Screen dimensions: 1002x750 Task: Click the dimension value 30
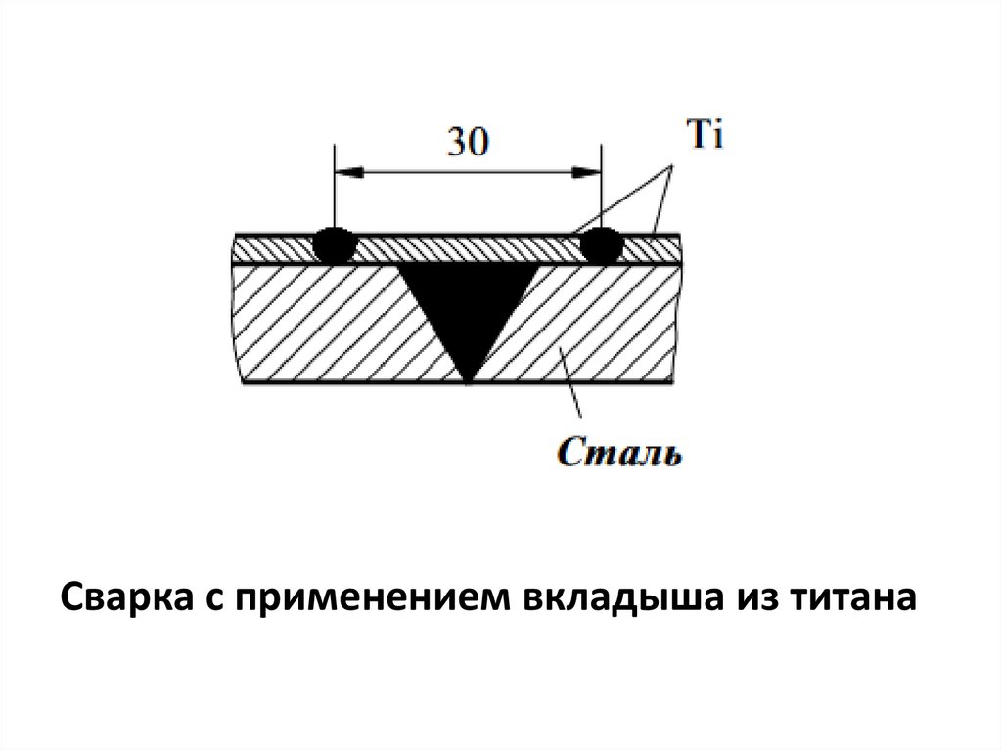(x=467, y=143)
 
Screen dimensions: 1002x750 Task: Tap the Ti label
(x=705, y=136)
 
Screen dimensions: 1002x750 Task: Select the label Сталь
(x=621, y=452)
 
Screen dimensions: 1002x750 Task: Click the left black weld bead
(x=335, y=243)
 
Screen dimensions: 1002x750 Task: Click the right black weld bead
(x=600, y=243)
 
